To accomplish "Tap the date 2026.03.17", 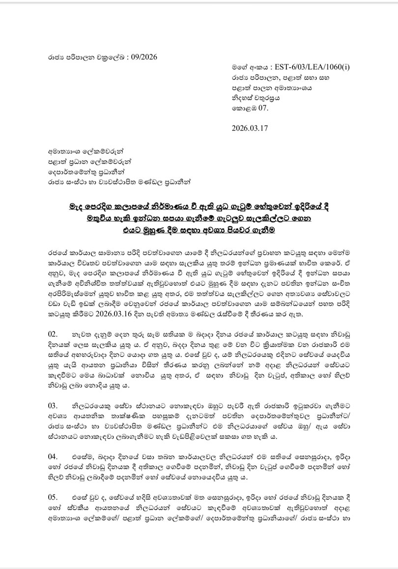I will point(251,129).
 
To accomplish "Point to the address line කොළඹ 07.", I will point(249,108).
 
